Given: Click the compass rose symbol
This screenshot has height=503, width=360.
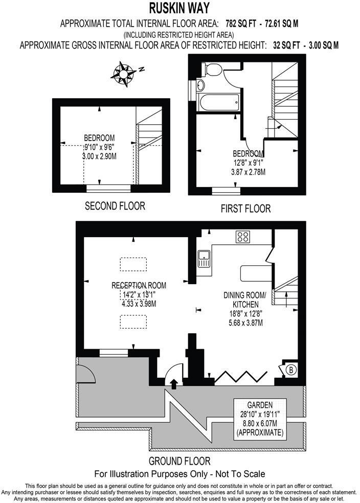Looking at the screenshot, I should [125, 72].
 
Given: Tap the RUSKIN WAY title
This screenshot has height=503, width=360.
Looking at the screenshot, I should [179, 8].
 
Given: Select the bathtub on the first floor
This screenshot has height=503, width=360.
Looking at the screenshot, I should [219, 101].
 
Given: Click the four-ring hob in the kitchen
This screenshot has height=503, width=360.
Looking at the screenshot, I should [242, 237].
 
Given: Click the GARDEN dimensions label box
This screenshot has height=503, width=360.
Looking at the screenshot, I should [258, 418].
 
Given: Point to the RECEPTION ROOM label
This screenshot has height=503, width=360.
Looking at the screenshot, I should [139, 285].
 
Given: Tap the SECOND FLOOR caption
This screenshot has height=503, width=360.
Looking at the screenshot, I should [115, 206].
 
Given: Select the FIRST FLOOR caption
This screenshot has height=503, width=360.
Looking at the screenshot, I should [245, 209].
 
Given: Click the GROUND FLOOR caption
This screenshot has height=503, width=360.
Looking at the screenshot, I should [179, 461].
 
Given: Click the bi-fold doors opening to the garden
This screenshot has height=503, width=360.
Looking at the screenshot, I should [240, 377].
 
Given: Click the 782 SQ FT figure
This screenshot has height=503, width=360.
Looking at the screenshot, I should [241, 23].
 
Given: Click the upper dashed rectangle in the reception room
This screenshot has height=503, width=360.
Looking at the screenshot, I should [132, 264].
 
